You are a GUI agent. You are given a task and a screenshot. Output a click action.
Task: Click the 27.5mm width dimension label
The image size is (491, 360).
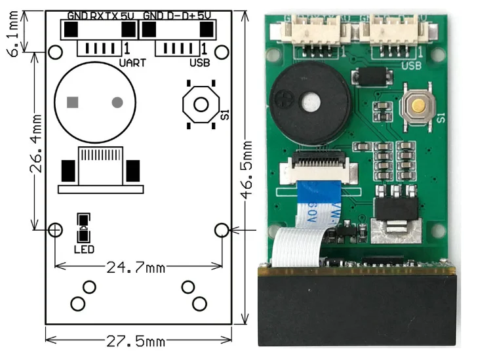(x=137, y=342)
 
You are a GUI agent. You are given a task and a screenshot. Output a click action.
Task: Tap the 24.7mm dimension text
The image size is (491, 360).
(x=137, y=267)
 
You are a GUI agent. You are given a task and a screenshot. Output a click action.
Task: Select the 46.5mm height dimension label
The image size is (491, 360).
(x=248, y=172)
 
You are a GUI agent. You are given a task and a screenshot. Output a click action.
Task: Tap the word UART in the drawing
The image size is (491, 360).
(x=132, y=63)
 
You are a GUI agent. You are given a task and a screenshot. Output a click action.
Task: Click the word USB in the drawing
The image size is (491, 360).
(x=199, y=63)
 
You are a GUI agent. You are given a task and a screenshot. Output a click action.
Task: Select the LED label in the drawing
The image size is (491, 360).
(x=84, y=249)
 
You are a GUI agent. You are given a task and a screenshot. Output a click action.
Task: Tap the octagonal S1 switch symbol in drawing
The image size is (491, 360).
(x=201, y=104)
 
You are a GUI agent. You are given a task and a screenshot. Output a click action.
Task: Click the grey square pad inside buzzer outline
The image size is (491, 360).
(x=73, y=102)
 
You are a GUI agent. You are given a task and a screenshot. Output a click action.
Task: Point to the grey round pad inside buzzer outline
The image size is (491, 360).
(x=117, y=102)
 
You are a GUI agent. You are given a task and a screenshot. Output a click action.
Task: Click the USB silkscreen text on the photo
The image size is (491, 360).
(x=410, y=65)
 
